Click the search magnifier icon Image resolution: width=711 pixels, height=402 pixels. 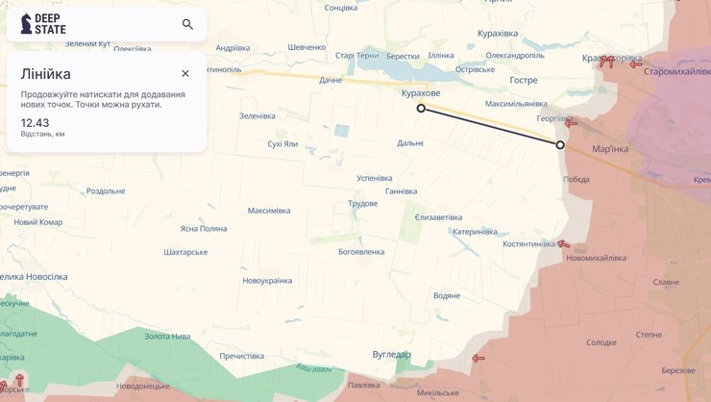pos(187,24)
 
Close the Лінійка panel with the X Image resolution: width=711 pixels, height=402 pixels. pos(185,73)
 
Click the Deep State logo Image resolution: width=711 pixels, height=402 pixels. pos(44,24)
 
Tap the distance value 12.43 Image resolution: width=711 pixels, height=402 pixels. pos(35,122)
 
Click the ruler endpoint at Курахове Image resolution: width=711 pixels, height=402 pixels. pos(421,109)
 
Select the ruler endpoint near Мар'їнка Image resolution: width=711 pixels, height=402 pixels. pos(561,145)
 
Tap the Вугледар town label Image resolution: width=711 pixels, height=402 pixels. pos(391,355)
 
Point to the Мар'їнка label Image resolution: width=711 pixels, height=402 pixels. pos(610,149)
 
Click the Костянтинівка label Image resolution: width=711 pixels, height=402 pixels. pos(528,244)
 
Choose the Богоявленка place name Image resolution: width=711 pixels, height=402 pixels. pos(361,252)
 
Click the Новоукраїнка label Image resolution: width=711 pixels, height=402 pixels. pos(267,281)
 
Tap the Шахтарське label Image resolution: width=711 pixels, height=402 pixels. pos(186,252)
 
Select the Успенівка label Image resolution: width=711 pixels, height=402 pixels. pos(375,178)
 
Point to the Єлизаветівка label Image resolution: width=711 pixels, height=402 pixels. pos(438,217)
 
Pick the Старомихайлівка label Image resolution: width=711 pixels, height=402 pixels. pos(678,72)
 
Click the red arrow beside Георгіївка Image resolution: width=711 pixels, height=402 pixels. pos(571,123)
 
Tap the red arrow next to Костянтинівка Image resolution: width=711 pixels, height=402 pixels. pos(563,244)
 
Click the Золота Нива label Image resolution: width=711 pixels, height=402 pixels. pos(167,337)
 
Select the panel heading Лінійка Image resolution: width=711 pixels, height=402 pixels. pos(46,73)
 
